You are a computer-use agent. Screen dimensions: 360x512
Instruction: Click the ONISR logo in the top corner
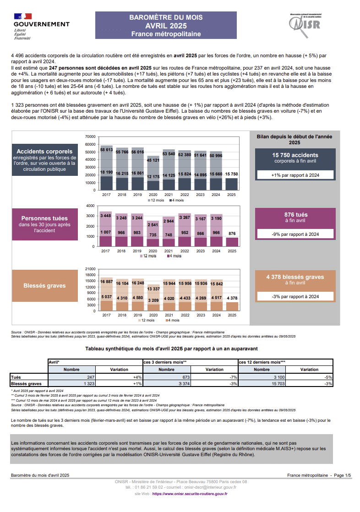(305, 25)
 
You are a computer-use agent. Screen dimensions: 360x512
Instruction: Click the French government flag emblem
(23, 16)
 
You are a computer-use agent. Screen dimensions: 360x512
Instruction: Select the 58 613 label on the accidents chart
(107, 150)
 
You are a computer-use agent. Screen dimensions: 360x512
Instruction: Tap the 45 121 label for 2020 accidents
(153, 160)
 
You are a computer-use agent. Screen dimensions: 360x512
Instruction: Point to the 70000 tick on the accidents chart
(90, 136)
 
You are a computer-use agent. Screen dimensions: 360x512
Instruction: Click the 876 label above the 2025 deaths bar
(232, 234)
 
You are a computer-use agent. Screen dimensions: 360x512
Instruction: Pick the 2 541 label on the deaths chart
(153, 225)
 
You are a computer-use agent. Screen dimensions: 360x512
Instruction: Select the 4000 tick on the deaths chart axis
(91, 206)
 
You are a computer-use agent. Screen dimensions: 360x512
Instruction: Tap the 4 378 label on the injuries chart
(232, 298)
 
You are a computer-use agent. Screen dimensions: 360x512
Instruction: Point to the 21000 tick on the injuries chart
(90, 269)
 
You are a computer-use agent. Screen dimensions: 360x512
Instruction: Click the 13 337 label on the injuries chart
(153, 289)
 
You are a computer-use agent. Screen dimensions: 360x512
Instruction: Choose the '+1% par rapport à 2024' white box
(295, 175)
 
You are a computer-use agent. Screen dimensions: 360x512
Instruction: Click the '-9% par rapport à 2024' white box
(295, 234)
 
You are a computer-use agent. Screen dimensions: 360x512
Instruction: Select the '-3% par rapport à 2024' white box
(295, 296)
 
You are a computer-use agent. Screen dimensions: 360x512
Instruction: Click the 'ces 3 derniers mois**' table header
(165, 362)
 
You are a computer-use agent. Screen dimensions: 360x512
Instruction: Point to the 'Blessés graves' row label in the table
(26, 384)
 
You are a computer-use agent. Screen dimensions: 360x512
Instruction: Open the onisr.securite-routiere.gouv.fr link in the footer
(190, 494)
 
